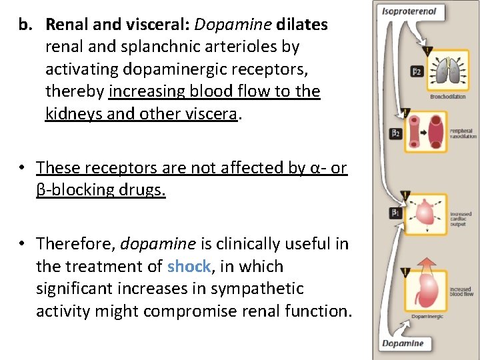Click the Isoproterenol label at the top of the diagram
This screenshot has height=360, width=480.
point(408,11)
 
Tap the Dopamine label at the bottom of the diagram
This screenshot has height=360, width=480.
point(403,343)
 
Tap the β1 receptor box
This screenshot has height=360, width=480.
point(395,213)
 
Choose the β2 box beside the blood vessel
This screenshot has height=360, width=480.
point(395,134)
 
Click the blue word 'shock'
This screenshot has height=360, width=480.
point(189,267)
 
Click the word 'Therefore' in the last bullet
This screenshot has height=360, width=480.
point(75,244)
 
